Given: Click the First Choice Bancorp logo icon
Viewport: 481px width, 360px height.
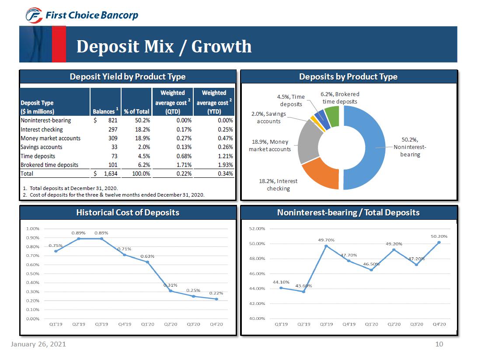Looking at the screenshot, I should tap(33, 16).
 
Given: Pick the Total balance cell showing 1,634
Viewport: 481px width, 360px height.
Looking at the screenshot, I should tap(110, 173).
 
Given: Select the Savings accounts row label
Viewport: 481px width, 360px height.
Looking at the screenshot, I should tap(42, 147).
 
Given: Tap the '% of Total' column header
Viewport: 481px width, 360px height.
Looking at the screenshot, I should tap(136, 111).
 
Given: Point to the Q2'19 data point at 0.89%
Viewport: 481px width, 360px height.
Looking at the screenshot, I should tap(79, 239).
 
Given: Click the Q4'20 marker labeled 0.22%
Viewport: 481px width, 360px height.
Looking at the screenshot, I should tap(216, 299).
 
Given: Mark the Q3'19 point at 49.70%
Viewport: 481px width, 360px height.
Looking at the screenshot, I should tap(326, 246).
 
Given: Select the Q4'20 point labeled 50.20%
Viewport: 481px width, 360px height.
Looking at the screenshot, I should tap(439, 242).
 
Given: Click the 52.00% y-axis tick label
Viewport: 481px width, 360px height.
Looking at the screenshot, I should tap(257, 228).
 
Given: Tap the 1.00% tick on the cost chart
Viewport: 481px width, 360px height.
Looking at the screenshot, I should tap(33, 228).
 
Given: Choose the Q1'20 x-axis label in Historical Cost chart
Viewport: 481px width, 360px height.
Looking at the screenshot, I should tap(147, 325).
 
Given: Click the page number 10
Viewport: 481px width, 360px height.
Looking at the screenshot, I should tap(439, 344).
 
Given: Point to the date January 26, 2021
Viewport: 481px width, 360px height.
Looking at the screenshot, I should tap(38, 344).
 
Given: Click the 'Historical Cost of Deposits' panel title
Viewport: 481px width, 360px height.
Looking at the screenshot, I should tap(128, 212).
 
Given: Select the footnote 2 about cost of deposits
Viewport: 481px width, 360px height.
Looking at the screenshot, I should tap(113, 194).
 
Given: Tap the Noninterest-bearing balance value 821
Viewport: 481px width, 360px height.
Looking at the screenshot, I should tap(112, 120).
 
